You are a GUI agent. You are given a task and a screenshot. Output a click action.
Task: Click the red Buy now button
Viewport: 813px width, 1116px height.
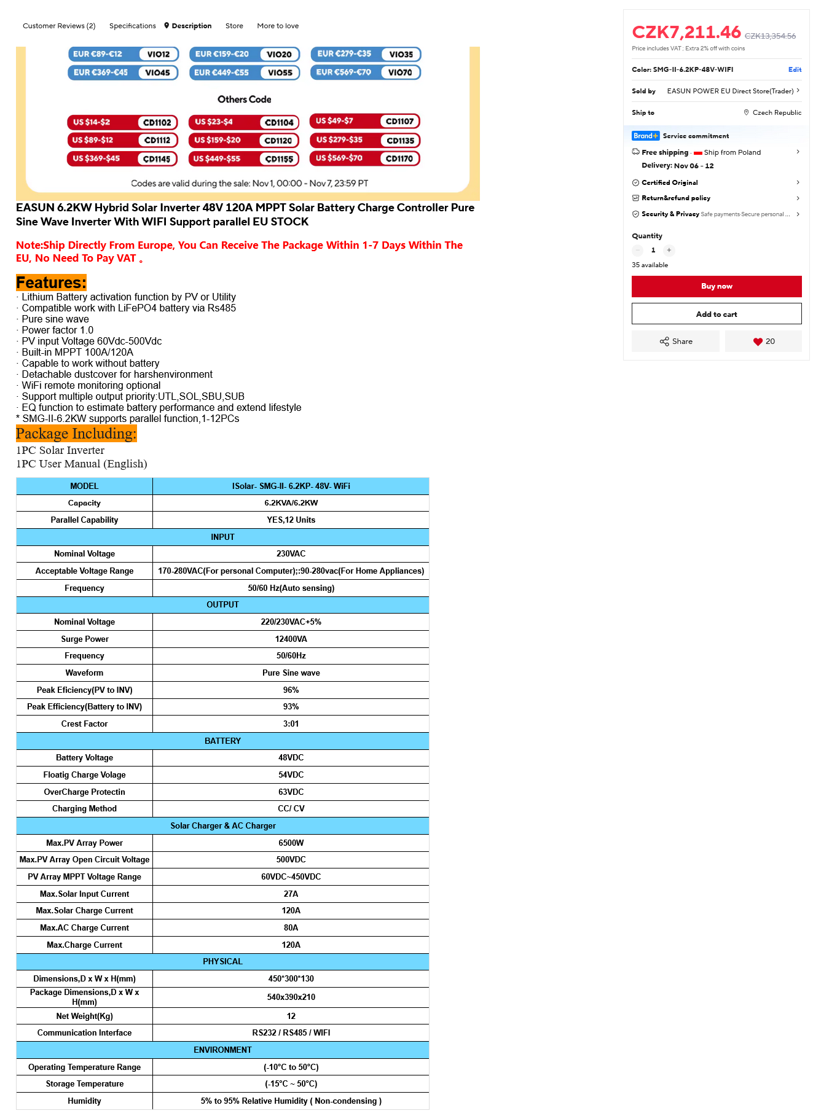click(717, 286)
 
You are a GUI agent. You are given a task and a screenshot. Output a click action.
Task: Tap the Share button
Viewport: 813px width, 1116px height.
click(675, 341)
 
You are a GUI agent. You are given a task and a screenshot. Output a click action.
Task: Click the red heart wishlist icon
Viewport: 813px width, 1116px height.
click(758, 342)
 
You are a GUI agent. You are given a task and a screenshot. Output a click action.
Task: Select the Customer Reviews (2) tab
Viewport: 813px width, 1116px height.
click(59, 26)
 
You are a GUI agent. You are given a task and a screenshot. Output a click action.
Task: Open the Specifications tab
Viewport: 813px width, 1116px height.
click(132, 26)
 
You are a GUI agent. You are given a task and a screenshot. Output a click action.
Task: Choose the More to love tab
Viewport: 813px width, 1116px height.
click(278, 26)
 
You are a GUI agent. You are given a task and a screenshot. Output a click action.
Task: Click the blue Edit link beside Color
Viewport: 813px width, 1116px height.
click(795, 69)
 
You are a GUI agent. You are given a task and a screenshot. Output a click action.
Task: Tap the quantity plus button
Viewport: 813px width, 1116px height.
click(669, 250)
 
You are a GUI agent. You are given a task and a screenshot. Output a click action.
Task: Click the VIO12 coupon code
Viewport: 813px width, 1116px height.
click(158, 54)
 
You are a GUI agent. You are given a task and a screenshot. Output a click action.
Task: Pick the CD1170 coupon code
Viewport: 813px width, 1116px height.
click(399, 158)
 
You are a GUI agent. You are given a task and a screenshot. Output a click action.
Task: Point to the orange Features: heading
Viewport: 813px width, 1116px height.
click(51, 283)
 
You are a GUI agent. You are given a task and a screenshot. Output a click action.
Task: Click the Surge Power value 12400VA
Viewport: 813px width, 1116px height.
click(291, 639)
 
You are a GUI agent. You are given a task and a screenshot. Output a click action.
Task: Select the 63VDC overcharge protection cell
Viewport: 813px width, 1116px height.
click(291, 792)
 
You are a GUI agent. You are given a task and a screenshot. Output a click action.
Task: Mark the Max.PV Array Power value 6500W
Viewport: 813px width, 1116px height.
click(291, 843)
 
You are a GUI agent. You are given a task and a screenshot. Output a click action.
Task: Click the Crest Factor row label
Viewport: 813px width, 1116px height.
click(84, 724)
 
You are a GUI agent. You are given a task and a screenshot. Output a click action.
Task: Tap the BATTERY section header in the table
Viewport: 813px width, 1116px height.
click(222, 741)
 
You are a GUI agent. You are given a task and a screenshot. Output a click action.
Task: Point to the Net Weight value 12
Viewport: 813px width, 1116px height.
click(291, 1016)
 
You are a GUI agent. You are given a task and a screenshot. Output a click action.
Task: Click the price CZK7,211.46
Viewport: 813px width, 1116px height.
click(686, 32)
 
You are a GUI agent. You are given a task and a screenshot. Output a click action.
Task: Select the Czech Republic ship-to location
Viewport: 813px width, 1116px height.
click(776, 112)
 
